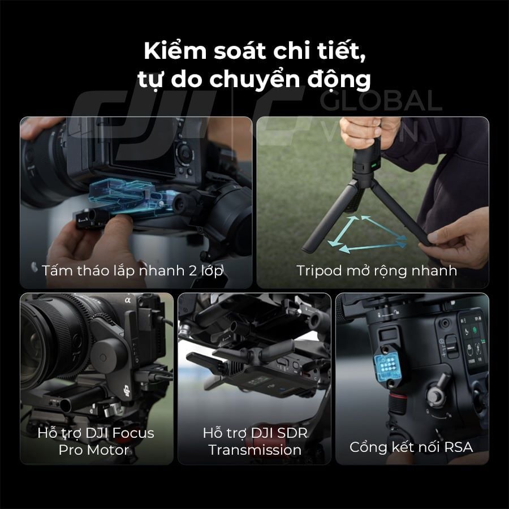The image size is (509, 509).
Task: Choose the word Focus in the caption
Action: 133,433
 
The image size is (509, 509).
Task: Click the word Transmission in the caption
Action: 255,450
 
